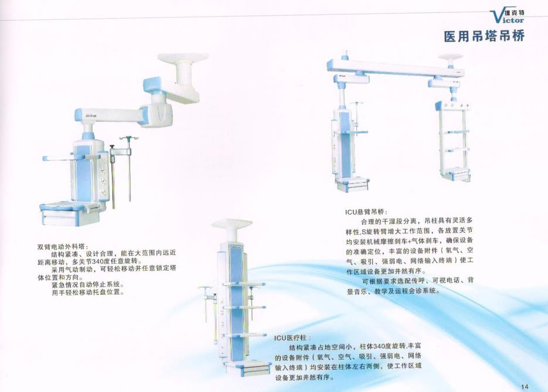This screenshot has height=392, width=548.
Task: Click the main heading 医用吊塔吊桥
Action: click(484, 36)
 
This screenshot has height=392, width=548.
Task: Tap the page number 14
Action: click(525, 386)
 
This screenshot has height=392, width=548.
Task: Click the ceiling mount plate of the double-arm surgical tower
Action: click(183, 60)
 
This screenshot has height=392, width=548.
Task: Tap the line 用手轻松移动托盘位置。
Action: click(88, 292)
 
